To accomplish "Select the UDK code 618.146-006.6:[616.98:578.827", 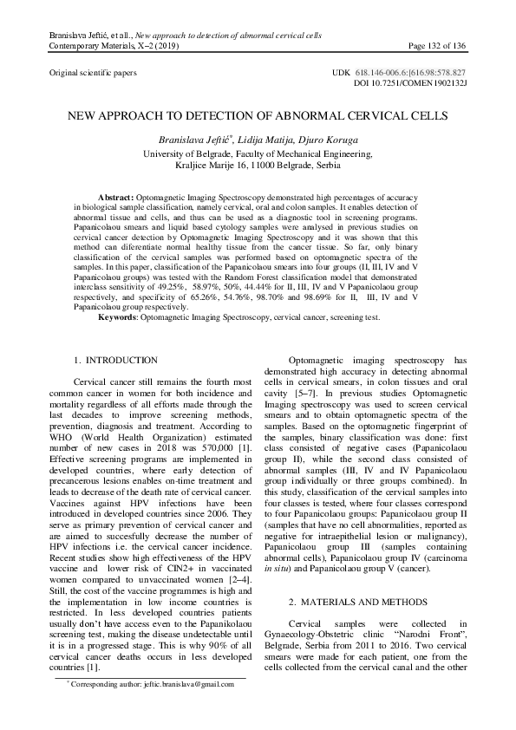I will click(430, 74).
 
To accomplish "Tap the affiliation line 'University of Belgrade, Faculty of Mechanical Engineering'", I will click(258, 153).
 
